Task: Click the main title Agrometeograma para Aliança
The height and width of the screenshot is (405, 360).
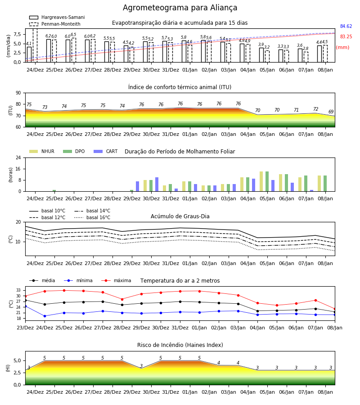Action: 180,8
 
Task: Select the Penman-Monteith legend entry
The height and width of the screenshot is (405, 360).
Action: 55,24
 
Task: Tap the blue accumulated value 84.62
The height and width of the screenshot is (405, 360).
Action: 346,27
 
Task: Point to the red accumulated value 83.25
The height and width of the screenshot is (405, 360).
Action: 346,37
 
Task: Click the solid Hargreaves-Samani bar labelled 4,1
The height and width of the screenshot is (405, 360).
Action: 29,54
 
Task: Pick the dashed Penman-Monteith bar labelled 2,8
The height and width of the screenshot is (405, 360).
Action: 306,57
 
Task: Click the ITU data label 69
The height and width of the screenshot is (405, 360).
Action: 331,112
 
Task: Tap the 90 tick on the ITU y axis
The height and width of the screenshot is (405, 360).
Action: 18,93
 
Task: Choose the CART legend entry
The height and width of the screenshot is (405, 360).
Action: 106,151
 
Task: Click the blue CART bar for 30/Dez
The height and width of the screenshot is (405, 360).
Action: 157,184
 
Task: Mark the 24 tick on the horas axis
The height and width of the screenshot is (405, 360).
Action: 18,158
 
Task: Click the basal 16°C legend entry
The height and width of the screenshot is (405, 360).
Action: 92,218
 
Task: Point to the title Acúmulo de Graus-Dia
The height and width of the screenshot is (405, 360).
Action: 180,216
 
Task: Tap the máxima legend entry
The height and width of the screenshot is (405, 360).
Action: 117,280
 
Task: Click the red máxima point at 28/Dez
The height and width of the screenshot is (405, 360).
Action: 122,299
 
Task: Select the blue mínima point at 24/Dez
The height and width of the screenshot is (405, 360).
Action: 45,316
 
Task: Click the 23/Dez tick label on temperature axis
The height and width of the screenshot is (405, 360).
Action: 25,328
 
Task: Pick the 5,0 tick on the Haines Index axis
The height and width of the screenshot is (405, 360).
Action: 17,361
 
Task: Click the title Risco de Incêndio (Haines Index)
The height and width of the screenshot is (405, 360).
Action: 180,345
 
